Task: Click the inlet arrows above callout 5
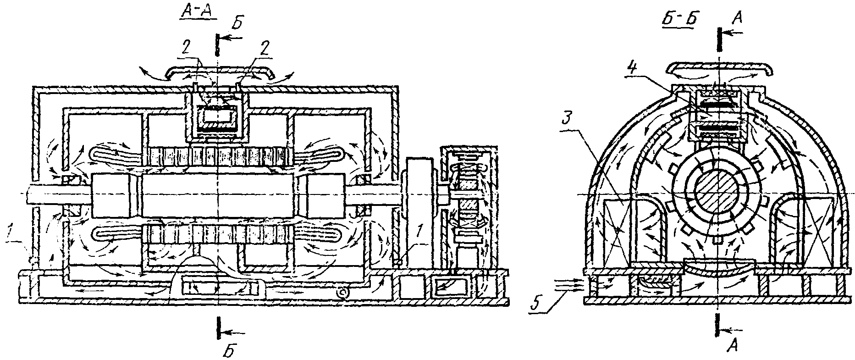click(568, 285)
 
